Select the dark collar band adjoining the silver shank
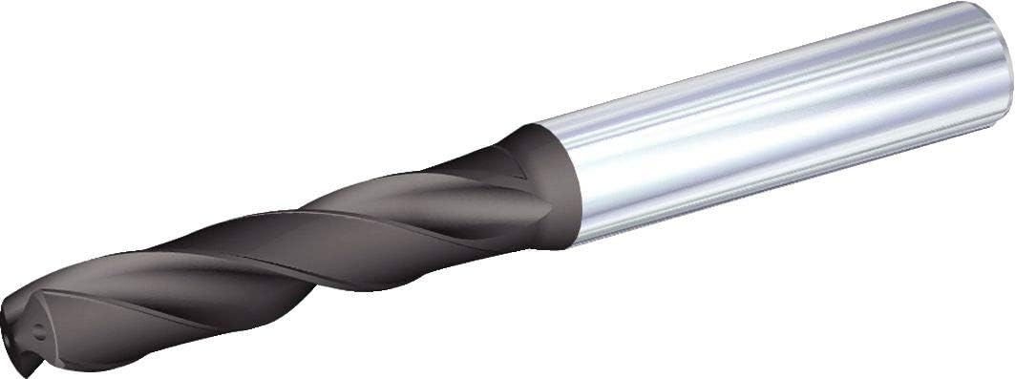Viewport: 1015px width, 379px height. click(554, 186)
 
